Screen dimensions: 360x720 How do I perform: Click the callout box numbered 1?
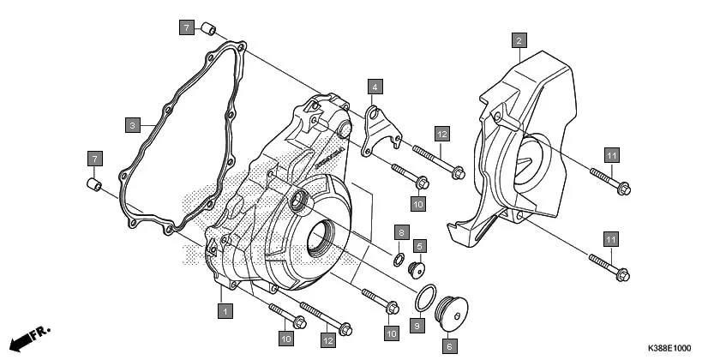point(224,311)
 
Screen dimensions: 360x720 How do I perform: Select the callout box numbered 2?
point(519,39)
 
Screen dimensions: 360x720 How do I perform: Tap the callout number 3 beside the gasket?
point(132,125)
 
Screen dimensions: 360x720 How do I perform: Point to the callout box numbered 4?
point(375,87)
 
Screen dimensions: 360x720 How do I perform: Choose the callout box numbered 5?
point(420,245)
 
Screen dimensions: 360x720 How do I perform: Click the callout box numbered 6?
point(448,347)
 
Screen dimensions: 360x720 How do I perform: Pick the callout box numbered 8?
point(400,233)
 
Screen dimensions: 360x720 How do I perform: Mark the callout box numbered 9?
point(417,326)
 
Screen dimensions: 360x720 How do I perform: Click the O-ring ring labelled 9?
point(424,298)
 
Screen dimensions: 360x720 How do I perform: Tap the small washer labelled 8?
point(399,259)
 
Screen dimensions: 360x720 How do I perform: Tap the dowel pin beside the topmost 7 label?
point(207,31)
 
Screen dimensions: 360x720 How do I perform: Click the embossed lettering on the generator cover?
point(327,159)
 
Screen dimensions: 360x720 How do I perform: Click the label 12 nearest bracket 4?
point(441,134)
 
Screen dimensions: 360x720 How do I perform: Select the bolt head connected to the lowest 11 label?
point(623,274)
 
